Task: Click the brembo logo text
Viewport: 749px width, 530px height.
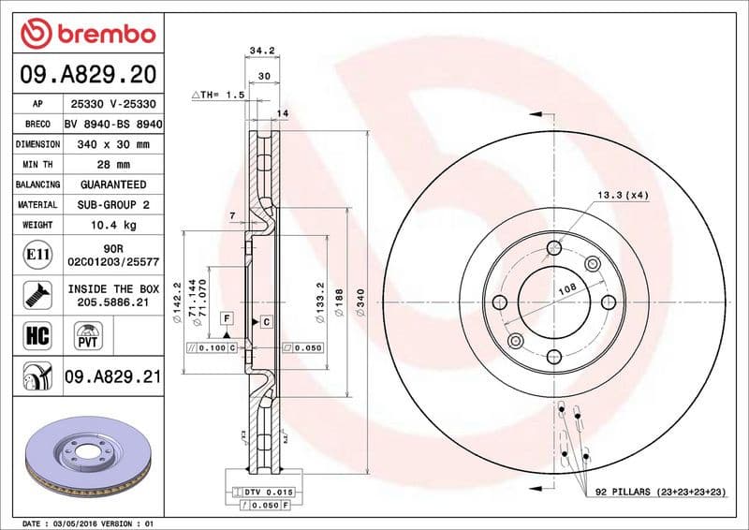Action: coord(103,35)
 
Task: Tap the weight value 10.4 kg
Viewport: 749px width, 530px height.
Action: coord(114,225)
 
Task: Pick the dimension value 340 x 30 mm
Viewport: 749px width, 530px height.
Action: coord(114,145)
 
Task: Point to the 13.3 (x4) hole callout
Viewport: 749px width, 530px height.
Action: coord(622,195)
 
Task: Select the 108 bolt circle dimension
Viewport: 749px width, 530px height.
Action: coord(566,291)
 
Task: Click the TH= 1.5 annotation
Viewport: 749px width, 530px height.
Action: coord(223,96)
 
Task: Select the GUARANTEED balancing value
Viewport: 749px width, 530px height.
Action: coord(114,184)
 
